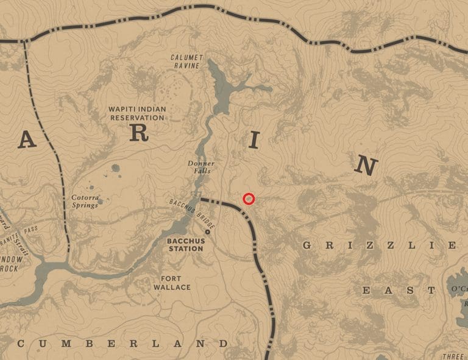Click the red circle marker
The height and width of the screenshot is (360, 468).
248,199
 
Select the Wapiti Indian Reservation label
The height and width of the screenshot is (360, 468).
136,113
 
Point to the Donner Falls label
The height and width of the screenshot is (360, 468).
200,168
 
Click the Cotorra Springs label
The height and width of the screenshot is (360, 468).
85,201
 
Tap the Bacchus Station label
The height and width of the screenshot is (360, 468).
185,244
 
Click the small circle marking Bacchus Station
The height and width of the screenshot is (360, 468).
208,232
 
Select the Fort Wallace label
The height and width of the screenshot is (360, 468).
171,283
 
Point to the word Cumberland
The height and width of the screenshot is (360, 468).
122,344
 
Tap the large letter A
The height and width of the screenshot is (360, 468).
26,141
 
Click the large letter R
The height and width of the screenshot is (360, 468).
140,135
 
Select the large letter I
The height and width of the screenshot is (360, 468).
255,142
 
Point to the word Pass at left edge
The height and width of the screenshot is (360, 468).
30,231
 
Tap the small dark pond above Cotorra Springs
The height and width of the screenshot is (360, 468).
115,168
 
